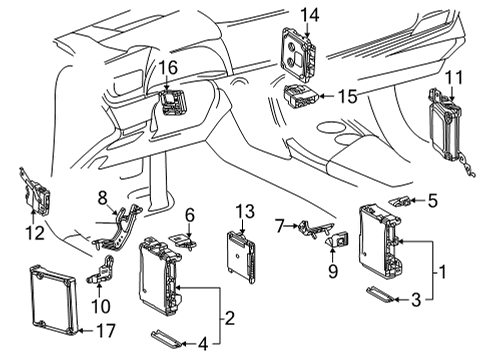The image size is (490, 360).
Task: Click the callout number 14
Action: (x=310, y=14)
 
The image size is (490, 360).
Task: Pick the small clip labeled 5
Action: (x=399, y=202)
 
